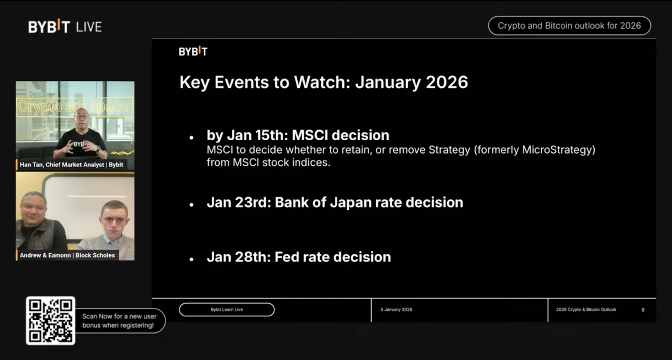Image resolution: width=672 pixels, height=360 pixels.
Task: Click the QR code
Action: point(50,321)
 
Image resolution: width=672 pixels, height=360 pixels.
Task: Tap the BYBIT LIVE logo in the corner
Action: point(65,27)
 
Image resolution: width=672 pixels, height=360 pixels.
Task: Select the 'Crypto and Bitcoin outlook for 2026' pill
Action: point(569,26)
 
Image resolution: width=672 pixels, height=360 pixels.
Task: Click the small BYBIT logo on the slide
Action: point(193,52)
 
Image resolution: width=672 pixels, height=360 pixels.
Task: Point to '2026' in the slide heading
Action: point(446,82)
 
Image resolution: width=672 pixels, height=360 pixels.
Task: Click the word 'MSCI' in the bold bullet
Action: point(310,135)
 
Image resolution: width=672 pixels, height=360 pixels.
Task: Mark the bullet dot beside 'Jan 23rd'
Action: point(192,205)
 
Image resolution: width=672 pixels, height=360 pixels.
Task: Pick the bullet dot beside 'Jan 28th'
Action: point(192,259)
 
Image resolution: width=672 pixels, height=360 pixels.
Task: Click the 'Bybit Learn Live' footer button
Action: point(227,310)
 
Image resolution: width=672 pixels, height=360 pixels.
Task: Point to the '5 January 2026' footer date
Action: point(396,310)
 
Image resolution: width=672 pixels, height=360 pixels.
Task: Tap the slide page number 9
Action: point(643,310)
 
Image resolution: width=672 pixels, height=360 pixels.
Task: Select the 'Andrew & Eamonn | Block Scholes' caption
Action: point(67,255)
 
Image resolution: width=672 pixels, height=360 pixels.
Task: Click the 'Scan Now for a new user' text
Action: point(119,316)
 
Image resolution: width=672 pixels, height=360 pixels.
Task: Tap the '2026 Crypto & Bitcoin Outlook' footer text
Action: point(586,310)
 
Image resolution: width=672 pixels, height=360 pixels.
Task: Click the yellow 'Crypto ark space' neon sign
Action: point(74,107)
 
